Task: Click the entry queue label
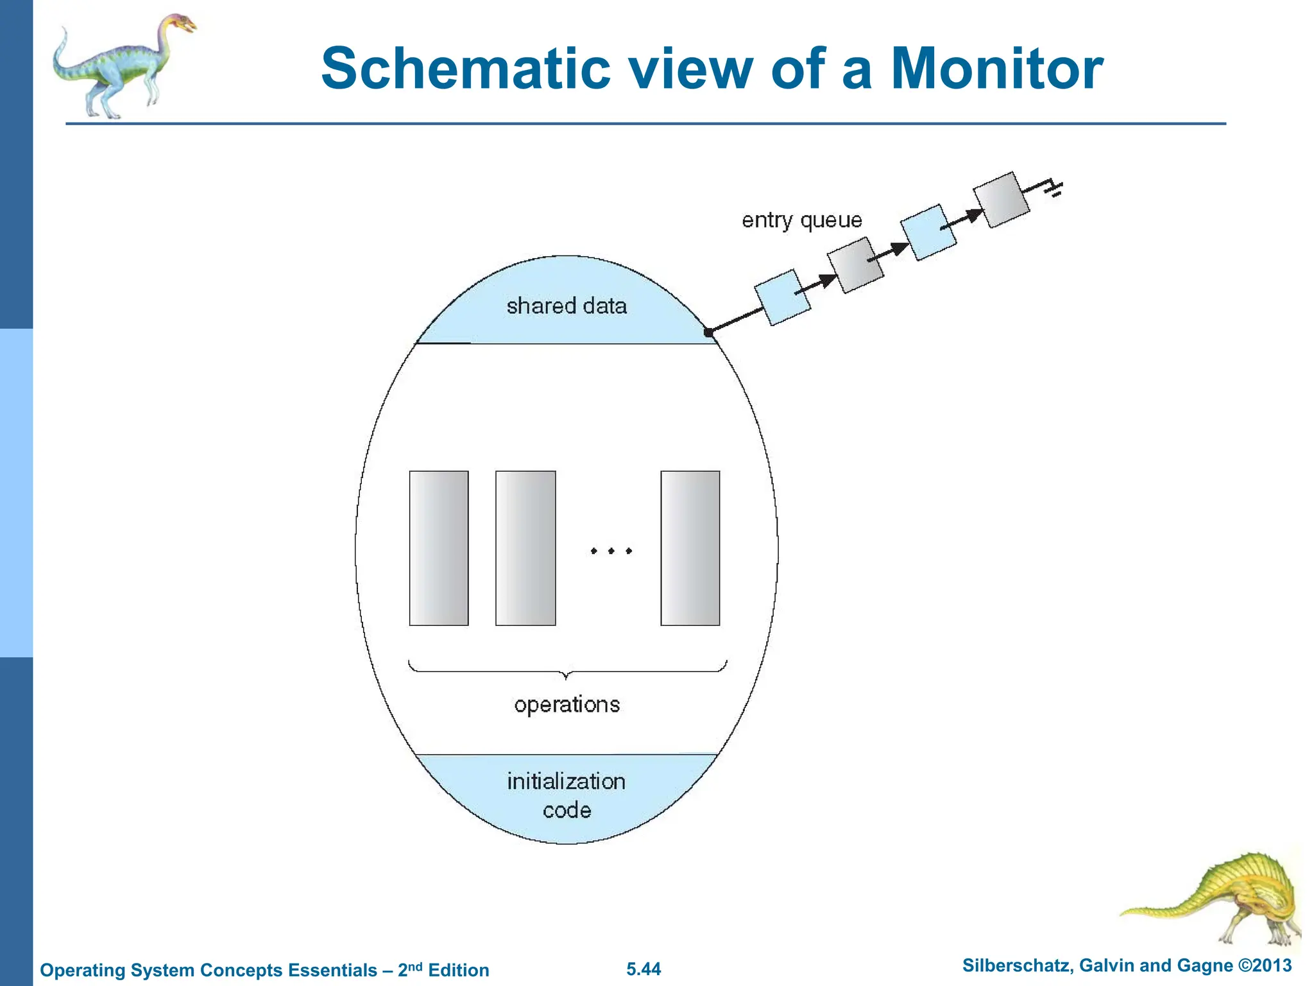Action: pos(801,220)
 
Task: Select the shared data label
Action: pos(567,306)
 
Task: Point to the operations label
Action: pos(567,705)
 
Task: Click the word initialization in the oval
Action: pos(566,781)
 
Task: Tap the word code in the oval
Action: pos(567,810)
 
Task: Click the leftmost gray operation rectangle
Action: pos(439,548)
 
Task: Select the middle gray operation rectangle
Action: pos(525,548)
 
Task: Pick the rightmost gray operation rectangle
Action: pos(690,548)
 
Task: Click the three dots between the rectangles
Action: pos(611,551)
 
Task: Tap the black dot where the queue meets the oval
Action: pos(708,332)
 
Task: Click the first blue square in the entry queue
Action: pos(781,297)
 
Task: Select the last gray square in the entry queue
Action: pos(1001,200)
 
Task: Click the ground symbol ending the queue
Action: pos(1054,188)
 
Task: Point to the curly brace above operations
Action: pos(567,671)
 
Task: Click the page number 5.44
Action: pos(644,969)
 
